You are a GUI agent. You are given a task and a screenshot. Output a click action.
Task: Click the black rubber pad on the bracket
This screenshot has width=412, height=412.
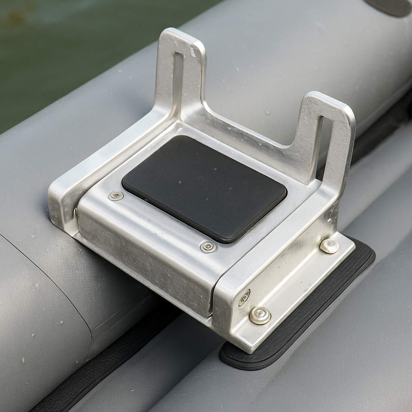point(204,188)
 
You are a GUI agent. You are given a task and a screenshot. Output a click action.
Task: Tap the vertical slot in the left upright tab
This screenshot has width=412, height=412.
point(177,78)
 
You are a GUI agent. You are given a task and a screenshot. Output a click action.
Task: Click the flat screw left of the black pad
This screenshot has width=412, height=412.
point(116,196)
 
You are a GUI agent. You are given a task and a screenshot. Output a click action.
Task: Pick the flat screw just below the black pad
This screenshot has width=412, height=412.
point(208,247)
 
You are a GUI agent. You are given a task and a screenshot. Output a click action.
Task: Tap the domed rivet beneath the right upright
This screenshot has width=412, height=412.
point(329,246)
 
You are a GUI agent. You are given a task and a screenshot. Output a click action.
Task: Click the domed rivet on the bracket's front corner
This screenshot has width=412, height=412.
point(260,315)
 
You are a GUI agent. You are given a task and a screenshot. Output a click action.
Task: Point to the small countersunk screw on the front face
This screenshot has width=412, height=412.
point(244,298)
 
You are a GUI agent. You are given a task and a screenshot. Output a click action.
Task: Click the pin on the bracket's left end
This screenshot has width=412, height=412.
point(75,212)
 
